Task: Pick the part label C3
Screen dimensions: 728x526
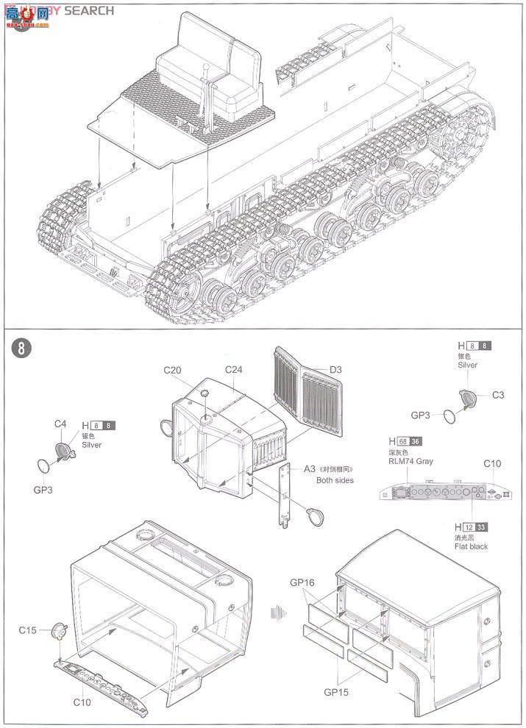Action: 499,395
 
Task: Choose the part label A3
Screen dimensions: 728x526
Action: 309,468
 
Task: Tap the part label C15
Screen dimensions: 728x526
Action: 28,630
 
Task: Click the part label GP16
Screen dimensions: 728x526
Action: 302,582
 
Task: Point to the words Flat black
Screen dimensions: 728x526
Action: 471,546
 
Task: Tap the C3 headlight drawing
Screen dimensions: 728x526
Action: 467,399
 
